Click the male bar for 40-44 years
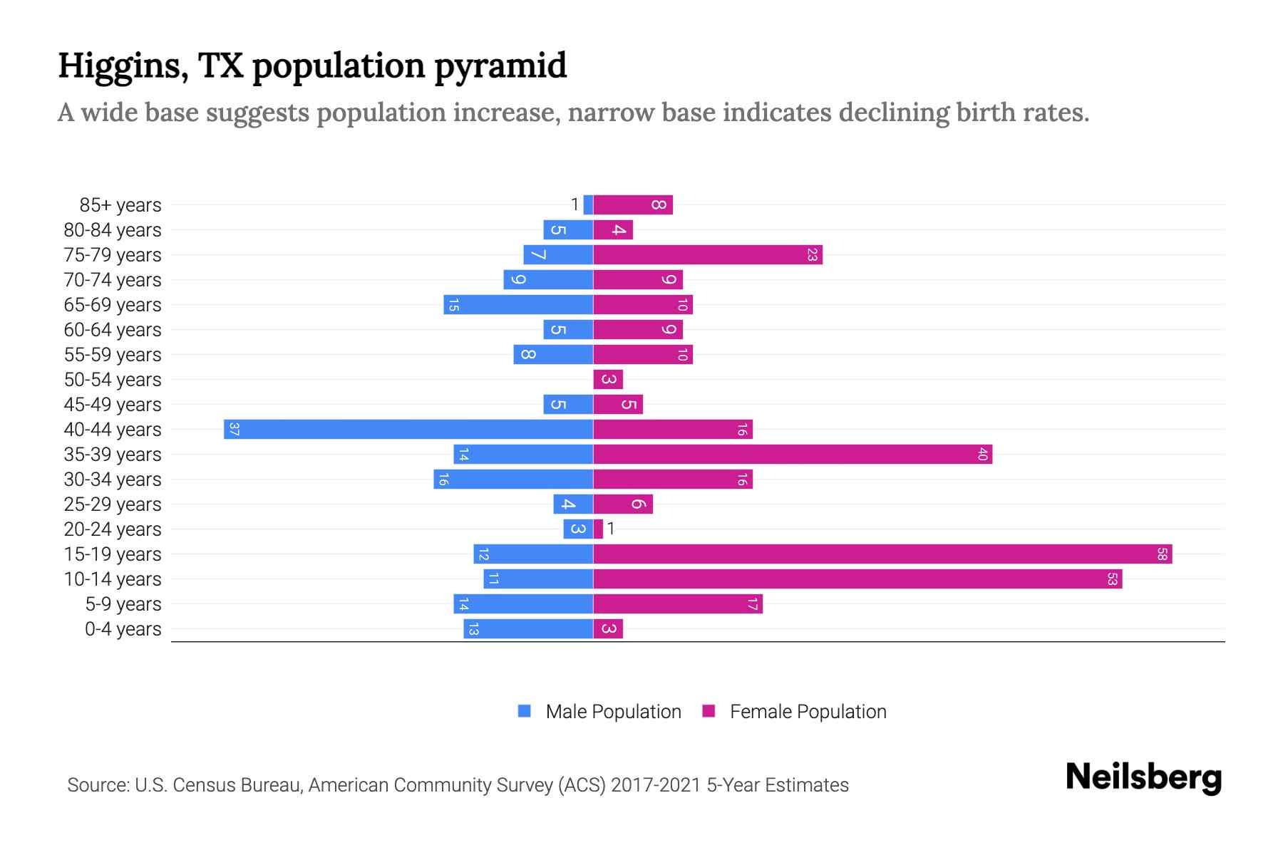coord(408,430)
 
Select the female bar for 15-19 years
coord(882,554)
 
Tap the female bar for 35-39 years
coord(793,455)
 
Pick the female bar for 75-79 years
coord(708,255)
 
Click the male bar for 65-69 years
coord(518,305)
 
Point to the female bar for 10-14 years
coord(857,579)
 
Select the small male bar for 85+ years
coord(588,205)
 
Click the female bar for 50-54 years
coord(608,380)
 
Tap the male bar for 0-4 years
coord(528,629)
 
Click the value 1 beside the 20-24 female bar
coord(611,529)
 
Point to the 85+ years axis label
coord(120,205)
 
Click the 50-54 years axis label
coord(113,380)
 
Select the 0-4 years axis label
coord(123,629)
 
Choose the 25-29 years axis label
coord(113,504)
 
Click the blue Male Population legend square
coord(525,711)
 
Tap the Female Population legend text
coord(808,712)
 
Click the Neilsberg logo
coord(1143,777)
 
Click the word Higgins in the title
coord(123,66)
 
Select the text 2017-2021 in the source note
coord(656,785)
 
